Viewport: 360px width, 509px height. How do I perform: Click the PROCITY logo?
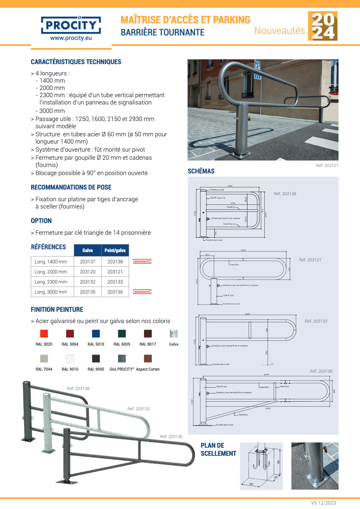click(x=71, y=25)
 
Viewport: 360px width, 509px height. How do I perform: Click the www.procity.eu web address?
click(x=71, y=38)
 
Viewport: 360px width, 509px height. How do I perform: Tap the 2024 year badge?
click(x=322, y=26)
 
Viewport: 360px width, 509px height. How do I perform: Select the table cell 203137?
click(x=88, y=262)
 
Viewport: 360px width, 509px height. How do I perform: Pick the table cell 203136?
click(x=115, y=292)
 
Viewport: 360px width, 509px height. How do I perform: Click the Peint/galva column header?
click(x=115, y=250)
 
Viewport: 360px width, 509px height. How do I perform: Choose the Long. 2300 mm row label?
click(x=51, y=282)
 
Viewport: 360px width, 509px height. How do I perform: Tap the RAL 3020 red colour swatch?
click(x=44, y=334)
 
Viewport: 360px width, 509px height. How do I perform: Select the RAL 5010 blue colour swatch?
click(x=96, y=334)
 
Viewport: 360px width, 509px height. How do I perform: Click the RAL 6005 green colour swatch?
click(x=122, y=334)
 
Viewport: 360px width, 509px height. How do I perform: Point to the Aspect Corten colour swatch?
click(x=148, y=359)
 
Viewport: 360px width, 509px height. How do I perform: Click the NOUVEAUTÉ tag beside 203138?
click(x=142, y=262)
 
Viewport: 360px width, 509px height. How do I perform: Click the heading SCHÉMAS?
click(x=201, y=171)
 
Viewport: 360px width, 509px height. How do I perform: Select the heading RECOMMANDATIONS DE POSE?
click(x=71, y=187)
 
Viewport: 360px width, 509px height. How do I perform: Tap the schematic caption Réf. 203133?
click(x=316, y=321)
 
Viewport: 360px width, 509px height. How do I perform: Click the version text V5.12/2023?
click(x=323, y=503)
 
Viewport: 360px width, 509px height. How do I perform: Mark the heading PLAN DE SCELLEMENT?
click(x=218, y=449)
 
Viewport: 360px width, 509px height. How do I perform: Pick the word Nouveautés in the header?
click(x=279, y=30)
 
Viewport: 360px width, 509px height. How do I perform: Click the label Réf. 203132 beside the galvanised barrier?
click(x=138, y=409)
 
